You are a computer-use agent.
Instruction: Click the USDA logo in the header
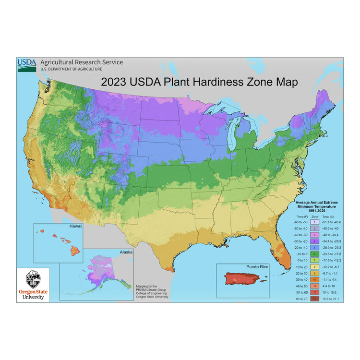tap(26, 64)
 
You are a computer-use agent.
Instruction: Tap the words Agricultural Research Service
tap(81, 62)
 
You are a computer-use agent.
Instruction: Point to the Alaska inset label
tap(126, 252)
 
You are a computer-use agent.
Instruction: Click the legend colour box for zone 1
tap(314, 222)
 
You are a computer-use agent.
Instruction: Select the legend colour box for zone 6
tap(314, 253)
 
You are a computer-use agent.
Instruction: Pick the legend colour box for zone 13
tap(314, 299)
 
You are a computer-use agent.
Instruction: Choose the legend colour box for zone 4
tap(314, 240)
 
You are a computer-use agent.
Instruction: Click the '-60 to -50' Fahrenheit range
tap(300, 222)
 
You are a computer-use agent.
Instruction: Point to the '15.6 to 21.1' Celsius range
tap(330, 299)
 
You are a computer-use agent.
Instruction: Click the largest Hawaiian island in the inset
tap(75, 250)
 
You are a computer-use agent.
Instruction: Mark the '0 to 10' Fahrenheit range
tap(300, 260)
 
